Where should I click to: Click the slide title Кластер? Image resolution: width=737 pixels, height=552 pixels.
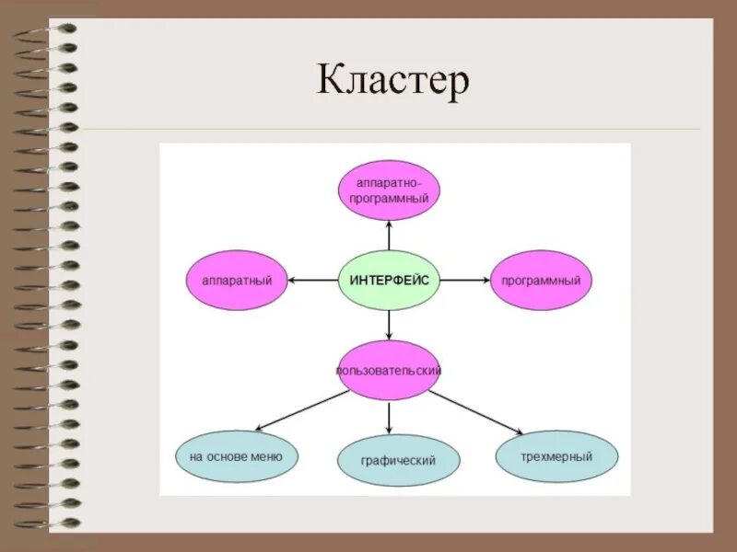coord(393,80)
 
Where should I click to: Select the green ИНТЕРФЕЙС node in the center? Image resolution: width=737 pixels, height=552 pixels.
coord(390,280)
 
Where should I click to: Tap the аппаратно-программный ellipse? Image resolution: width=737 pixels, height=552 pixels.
coord(389,190)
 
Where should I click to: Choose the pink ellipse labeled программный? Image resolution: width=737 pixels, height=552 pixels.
coord(541,280)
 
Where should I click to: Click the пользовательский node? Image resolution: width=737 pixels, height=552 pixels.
coord(389,370)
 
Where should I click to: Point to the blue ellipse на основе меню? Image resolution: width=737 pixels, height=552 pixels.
coord(236,454)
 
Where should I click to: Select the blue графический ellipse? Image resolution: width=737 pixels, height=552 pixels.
coord(399,460)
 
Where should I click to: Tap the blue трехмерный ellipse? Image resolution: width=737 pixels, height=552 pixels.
coord(556,455)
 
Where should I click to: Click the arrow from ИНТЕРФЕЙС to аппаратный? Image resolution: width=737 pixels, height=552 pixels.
coord(313,280)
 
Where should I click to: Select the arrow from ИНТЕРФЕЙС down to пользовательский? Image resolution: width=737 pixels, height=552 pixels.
coord(389,324)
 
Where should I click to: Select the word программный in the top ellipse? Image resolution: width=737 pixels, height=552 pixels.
coord(389,198)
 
